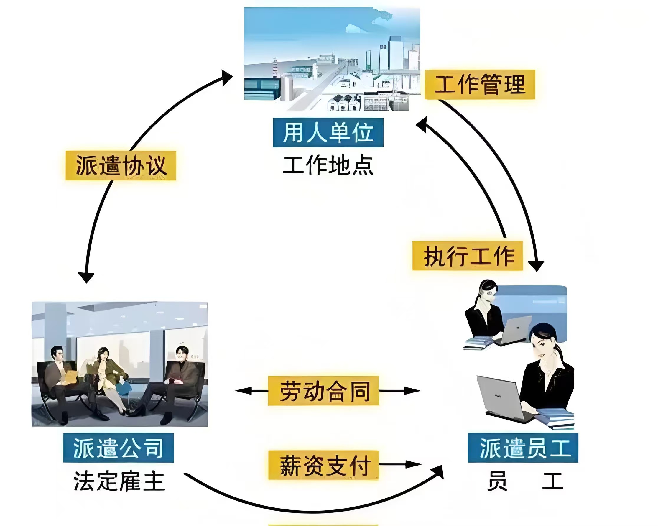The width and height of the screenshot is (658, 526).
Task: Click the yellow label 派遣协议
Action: tap(121, 165)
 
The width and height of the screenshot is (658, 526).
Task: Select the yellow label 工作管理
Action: tap(480, 85)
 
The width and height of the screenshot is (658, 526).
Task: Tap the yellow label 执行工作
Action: tap(467, 256)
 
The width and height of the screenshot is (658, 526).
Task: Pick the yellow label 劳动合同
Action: tap(323, 391)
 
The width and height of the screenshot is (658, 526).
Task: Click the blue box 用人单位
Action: tap(328, 132)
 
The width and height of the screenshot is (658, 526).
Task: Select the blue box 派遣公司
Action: tap(119, 448)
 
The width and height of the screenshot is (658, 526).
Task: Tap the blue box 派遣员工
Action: tap(523, 448)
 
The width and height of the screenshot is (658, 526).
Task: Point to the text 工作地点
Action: tap(328, 166)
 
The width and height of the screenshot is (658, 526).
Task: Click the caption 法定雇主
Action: tap(119, 481)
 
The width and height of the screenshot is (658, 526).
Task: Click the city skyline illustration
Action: tap(332, 58)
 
